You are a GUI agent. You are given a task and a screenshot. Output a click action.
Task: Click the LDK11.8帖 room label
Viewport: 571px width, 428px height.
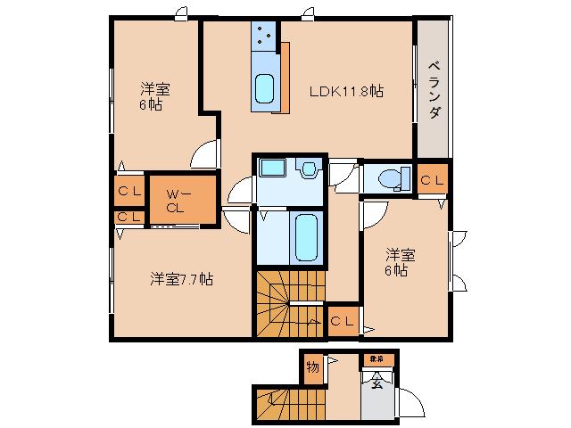pyautogui.click(x=346, y=90)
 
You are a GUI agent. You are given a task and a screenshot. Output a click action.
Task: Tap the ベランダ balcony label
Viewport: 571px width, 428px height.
pyautogui.click(x=434, y=88)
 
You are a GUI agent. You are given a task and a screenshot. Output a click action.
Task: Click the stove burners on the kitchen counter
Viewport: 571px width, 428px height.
pyautogui.click(x=264, y=36)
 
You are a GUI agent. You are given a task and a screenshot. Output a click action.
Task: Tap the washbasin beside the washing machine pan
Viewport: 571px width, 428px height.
pyautogui.click(x=310, y=168)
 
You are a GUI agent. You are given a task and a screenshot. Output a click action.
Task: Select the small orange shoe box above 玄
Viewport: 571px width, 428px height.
pyautogui.click(x=374, y=360)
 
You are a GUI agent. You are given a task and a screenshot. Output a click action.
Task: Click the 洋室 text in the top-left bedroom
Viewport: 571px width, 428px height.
pyautogui.click(x=155, y=89)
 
